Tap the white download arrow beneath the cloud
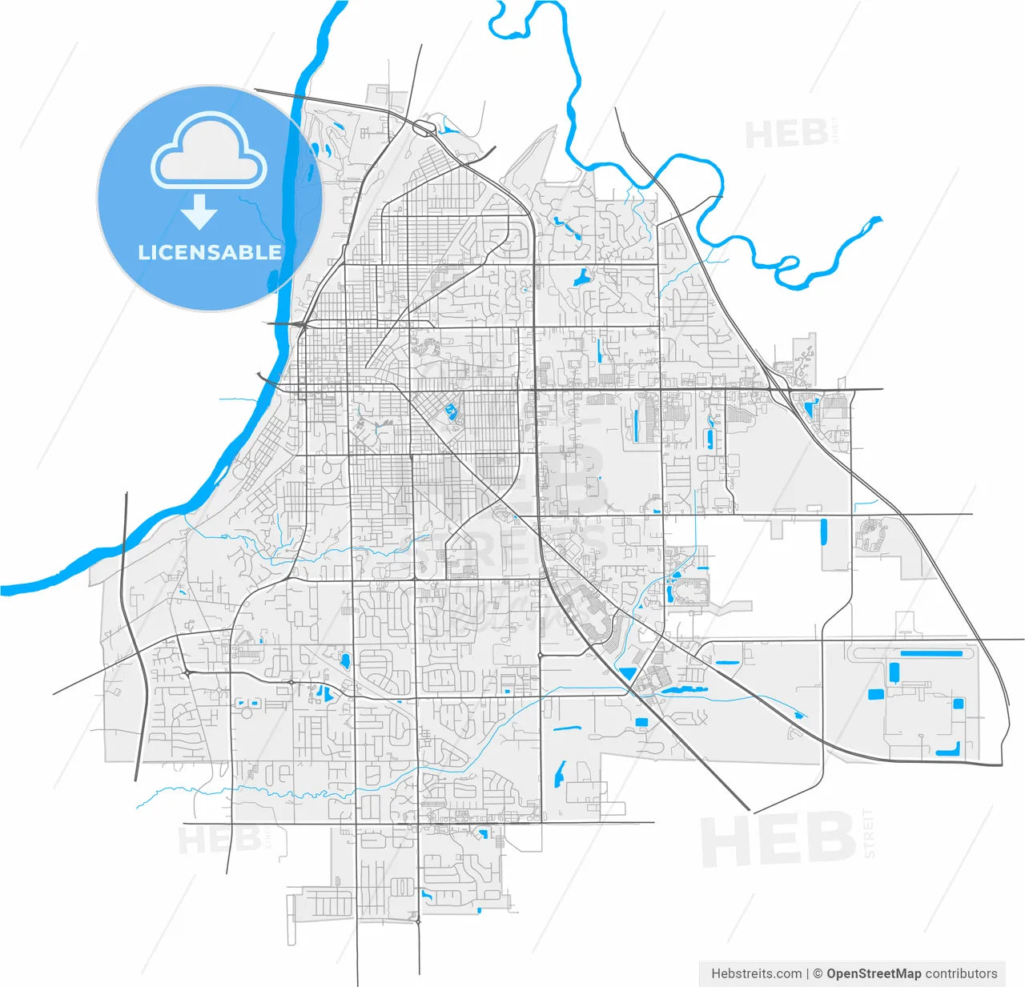[199, 212]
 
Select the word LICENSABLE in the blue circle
[210, 252]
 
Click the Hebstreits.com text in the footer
[756, 973]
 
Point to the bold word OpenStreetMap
[874, 973]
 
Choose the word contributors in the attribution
[961, 973]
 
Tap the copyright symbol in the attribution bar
[818, 973]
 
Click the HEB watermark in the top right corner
[786, 134]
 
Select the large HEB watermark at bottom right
[777, 839]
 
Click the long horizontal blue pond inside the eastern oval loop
[931, 654]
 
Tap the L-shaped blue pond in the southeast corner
[949, 750]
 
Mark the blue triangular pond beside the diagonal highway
[626, 673]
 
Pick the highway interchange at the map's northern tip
[425, 126]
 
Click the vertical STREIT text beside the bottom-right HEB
[869, 833]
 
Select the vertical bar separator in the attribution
[807, 973]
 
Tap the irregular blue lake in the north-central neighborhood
[580, 278]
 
